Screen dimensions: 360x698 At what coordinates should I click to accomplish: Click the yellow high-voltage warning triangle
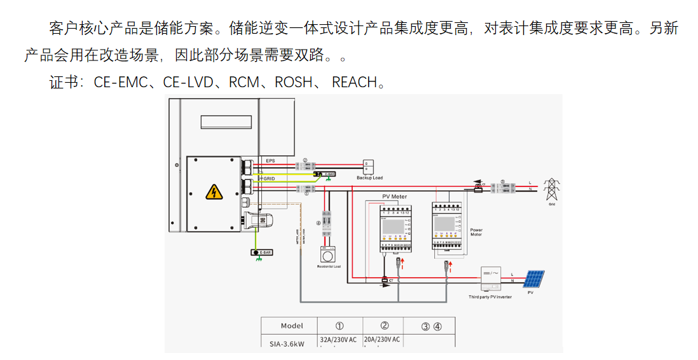(x=214, y=191)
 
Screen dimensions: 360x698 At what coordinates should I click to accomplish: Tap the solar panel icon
(x=534, y=279)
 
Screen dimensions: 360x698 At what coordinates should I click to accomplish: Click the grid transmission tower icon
(x=552, y=189)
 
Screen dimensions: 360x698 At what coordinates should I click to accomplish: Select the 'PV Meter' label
(x=394, y=197)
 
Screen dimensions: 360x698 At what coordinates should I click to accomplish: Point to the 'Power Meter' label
(x=476, y=232)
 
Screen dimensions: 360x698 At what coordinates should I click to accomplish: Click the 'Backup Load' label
(x=369, y=178)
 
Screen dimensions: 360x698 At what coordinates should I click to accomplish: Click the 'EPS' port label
(x=270, y=160)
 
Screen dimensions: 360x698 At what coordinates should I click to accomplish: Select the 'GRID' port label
(x=268, y=179)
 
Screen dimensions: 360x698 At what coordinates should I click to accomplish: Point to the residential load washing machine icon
(x=329, y=256)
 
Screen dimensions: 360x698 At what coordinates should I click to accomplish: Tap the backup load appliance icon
(x=368, y=167)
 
